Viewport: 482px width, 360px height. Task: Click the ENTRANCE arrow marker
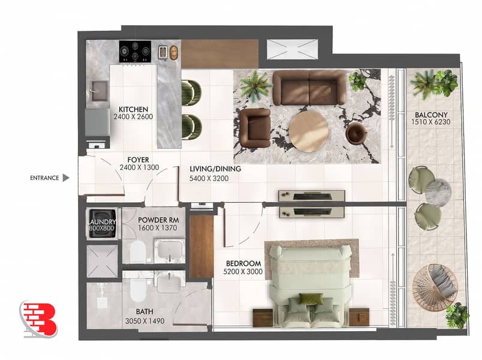(x=66, y=178)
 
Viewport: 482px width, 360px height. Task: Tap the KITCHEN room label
(x=134, y=109)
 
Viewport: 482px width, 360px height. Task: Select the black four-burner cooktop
(x=135, y=52)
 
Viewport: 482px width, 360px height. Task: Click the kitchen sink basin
(x=99, y=91)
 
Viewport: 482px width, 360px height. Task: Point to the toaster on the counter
(x=163, y=52)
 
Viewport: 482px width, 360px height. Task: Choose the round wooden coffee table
(x=308, y=131)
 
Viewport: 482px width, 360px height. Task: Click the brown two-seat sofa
(x=309, y=88)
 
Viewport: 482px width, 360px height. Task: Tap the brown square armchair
(x=255, y=128)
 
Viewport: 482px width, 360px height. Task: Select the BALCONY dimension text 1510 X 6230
(x=430, y=122)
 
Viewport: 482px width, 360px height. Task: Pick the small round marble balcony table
(x=438, y=191)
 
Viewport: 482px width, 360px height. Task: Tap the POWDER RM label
(x=158, y=220)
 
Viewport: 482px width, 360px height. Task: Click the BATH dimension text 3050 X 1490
(x=145, y=321)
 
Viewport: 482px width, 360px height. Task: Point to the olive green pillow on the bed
(x=311, y=298)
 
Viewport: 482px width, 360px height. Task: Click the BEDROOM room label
(x=243, y=263)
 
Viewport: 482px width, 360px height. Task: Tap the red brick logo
(x=39, y=319)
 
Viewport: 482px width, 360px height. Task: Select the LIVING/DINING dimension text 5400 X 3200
(x=209, y=178)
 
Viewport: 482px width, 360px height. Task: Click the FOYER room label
(x=138, y=160)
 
